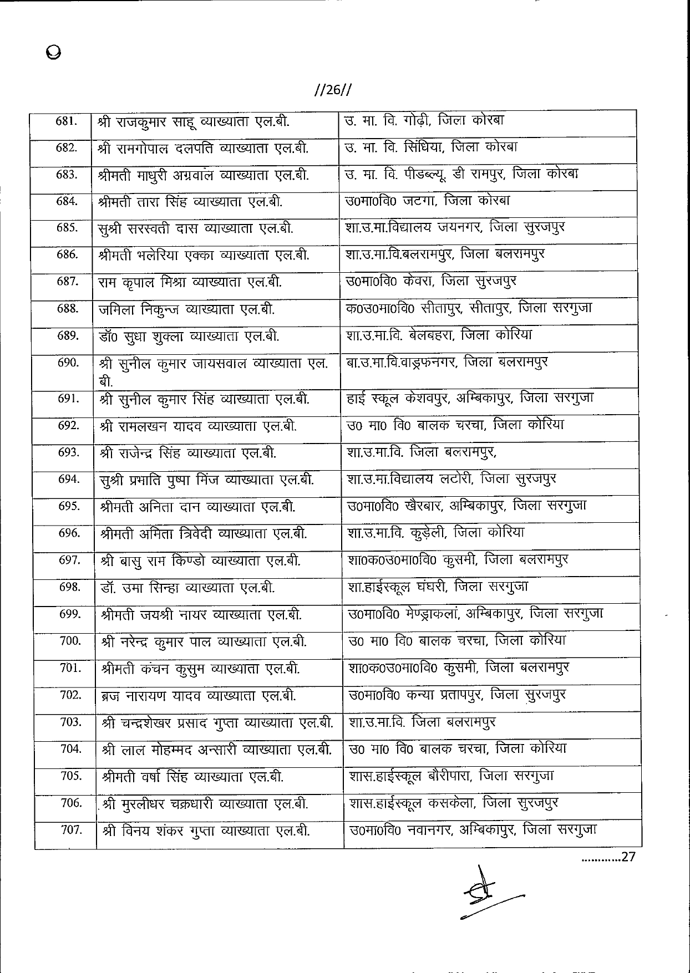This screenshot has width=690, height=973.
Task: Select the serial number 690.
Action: pos(67,363)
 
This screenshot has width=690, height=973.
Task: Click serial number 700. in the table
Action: pos(70,641)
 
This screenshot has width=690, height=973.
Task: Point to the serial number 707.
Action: pos(70,831)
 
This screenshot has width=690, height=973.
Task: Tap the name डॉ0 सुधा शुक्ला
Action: pos(141,336)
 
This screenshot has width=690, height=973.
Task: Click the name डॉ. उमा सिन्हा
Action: pos(141,588)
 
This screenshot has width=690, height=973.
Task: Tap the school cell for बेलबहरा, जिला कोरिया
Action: pos(439,335)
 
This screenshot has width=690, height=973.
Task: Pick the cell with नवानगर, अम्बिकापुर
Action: pos(473,830)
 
